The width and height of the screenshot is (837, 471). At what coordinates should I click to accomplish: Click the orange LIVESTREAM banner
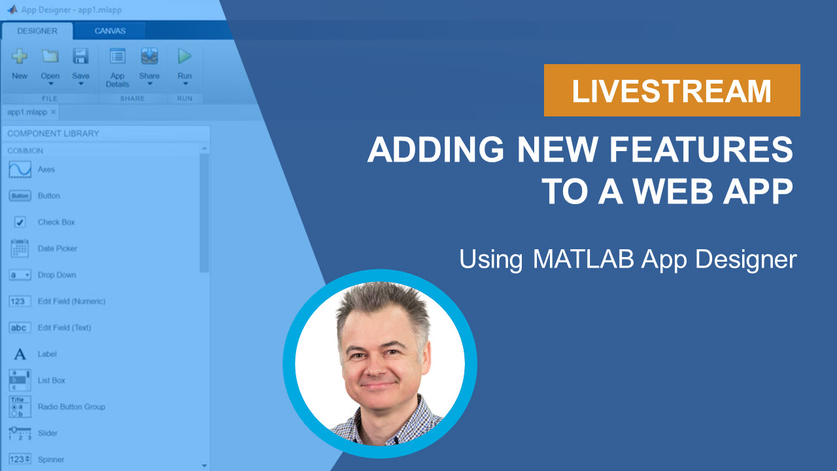(x=672, y=90)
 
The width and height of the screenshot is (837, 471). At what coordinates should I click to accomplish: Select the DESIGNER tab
(x=37, y=31)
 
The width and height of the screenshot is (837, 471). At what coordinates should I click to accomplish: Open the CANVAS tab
(x=110, y=31)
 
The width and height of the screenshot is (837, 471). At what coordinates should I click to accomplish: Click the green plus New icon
(x=20, y=57)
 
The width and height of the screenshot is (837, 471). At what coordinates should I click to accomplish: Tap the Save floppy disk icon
(x=80, y=57)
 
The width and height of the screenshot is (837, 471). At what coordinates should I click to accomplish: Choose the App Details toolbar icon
(x=118, y=57)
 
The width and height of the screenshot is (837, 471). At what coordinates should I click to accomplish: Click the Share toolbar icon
(x=149, y=57)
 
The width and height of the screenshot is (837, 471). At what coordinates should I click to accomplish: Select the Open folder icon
(x=50, y=57)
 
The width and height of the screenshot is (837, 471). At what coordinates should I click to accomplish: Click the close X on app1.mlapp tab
(x=53, y=112)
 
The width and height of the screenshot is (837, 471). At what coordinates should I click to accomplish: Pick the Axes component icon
(x=20, y=169)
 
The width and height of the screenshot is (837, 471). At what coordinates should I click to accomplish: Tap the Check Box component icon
(x=20, y=222)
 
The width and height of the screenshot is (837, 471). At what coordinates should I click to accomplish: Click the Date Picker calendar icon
(x=20, y=249)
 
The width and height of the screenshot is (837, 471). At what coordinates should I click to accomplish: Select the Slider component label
(x=48, y=433)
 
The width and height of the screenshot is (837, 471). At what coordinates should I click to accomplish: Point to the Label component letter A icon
(x=20, y=354)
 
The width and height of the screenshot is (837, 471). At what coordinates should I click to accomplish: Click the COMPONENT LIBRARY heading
(x=53, y=133)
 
